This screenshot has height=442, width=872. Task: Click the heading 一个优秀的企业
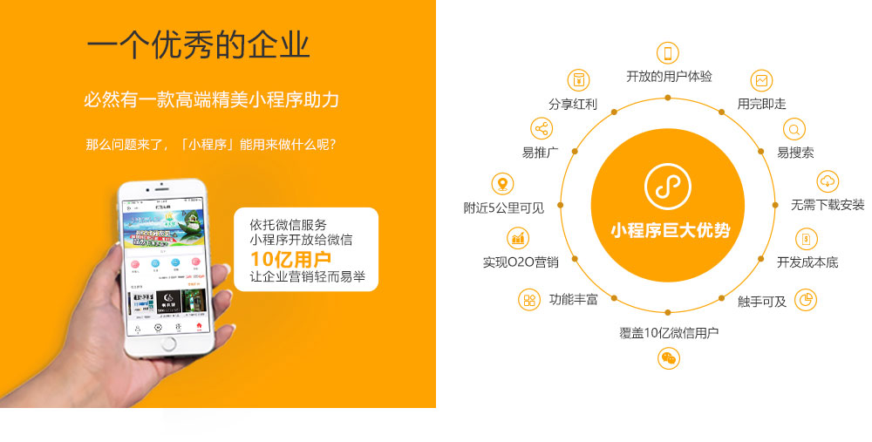click(199, 45)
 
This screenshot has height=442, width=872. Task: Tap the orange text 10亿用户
click(290, 259)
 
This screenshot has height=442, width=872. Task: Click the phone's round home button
click(169, 343)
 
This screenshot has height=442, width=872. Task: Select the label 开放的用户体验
click(669, 76)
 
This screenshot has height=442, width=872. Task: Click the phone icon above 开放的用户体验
click(668, 53)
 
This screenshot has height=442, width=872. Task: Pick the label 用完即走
click(761, 104)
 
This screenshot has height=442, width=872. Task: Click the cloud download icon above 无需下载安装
click(828, 181)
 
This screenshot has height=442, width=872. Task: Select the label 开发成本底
click(807, 262)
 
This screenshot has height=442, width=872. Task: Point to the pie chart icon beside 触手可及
click(807, 301)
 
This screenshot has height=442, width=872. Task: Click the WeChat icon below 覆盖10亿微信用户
click(668, 357)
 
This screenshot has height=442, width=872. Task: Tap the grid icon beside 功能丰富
click(528, 301)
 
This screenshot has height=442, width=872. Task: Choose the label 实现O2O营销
click(521, 262)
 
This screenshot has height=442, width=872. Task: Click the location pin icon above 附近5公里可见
click(501, 184)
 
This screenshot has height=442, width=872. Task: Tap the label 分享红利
click(573, 104)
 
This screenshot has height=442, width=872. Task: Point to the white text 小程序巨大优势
click(669, 231)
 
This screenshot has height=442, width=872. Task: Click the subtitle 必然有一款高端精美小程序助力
click(211, 99)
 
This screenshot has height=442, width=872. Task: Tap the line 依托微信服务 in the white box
click(289, 224)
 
